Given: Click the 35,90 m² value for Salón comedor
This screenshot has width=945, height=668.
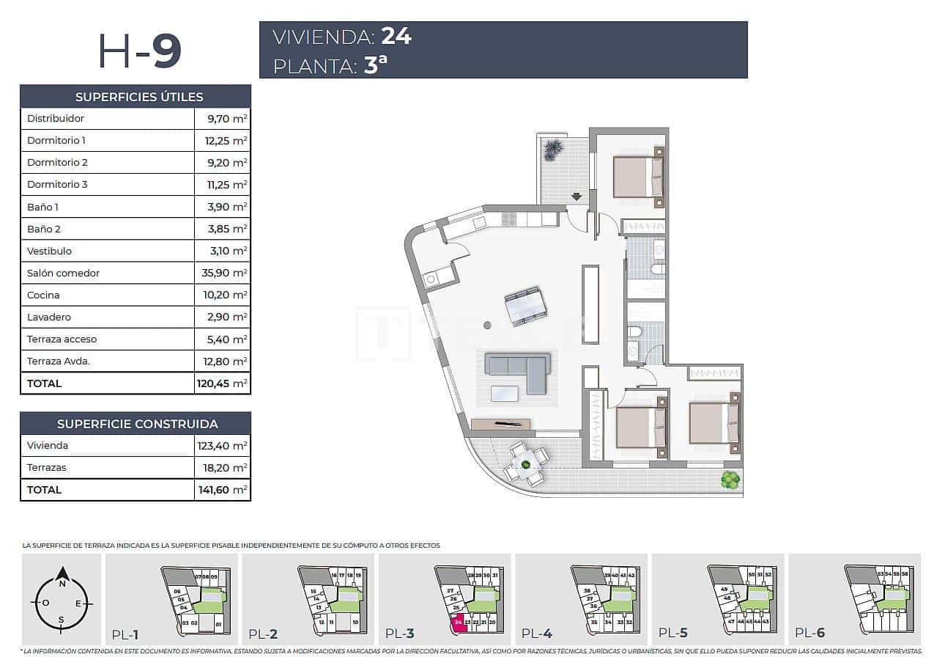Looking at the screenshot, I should (222, 273).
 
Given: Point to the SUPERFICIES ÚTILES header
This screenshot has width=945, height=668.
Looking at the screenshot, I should (139, 97).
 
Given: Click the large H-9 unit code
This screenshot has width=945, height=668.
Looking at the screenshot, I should (139, 51).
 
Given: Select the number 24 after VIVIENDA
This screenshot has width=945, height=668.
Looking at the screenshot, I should (396, 37).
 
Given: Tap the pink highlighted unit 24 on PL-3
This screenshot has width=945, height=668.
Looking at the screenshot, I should (459, 623).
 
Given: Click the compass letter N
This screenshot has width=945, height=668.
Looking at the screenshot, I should (63, 584).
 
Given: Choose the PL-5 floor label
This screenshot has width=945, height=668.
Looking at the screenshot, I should (674, 633).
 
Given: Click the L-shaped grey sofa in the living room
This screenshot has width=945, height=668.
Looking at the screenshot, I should (519, 371).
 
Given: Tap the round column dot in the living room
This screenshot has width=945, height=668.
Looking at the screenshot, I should (487, 326).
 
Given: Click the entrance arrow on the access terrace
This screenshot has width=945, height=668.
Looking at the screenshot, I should (577, 197).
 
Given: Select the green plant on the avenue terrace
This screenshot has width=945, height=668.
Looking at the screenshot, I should (730, 480).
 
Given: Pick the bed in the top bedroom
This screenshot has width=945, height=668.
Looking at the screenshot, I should (638, 177).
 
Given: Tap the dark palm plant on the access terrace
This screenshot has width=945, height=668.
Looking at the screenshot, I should (553, 150).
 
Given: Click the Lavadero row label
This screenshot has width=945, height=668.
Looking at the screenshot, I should (48, 317).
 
